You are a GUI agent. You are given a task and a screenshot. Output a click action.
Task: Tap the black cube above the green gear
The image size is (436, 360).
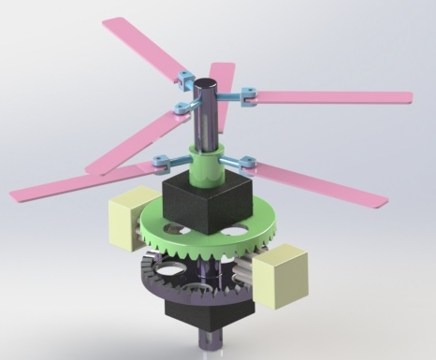click(x=204, y=204)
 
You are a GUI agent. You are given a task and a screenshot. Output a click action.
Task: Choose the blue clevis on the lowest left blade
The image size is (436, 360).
click(x=161, y=166)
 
